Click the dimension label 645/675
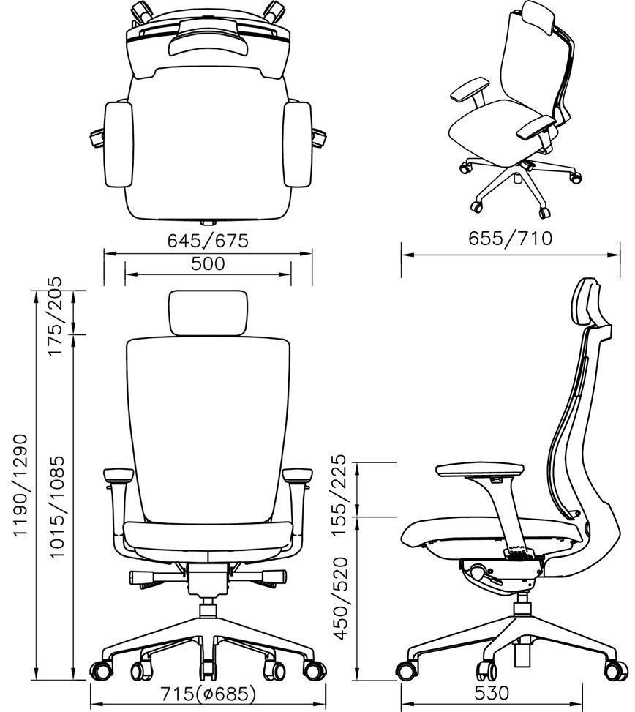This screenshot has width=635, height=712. [208, 241]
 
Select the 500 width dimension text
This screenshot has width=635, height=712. [208, 264]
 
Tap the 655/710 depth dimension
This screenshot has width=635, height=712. [510, 239]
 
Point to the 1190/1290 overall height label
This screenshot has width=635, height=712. [20, 486]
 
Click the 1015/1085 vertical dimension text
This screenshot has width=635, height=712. [57, 506]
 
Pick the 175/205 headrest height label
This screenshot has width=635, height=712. [54, 317]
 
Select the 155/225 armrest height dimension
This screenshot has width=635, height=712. [339, 495]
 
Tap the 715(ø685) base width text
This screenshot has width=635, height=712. [208, 694]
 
